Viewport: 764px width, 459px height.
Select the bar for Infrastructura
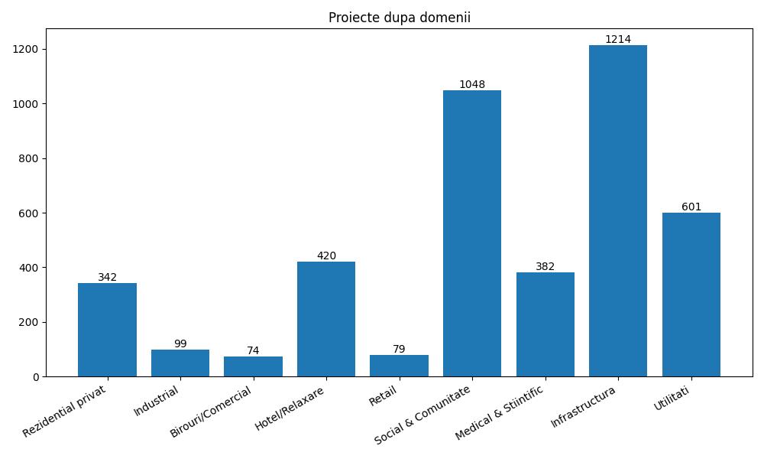(618, 210)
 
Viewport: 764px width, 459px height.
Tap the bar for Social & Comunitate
(472, 233)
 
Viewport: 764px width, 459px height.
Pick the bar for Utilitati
(691, 295)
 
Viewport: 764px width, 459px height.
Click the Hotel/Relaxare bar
(326, 319)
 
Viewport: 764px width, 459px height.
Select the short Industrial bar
(180, 363)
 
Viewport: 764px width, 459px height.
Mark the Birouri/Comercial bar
(253, 366)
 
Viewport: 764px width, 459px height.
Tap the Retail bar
(399, 366)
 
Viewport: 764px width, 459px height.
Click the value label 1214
(618, 39)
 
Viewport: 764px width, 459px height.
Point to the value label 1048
(472, 84)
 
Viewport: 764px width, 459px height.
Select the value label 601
(691, 207)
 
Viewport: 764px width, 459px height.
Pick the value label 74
(253, 350)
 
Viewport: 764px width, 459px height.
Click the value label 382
(545, 266)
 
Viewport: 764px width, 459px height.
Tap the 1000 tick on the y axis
(28, 103)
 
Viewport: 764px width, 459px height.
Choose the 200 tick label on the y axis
(31, 322)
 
